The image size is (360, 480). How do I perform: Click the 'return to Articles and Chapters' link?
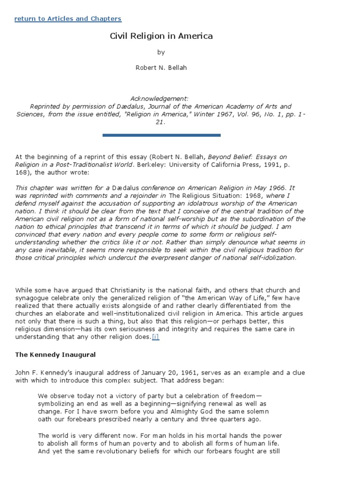[68, 19]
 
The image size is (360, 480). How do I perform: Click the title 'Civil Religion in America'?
[161, 36]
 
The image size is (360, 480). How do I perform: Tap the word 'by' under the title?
[161, 52]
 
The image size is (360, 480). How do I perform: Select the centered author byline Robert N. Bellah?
[161, 67]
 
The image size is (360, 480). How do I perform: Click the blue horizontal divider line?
[161, 135]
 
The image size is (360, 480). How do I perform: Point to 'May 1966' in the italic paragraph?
[275, 187]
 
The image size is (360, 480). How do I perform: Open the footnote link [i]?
[155, 337]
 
